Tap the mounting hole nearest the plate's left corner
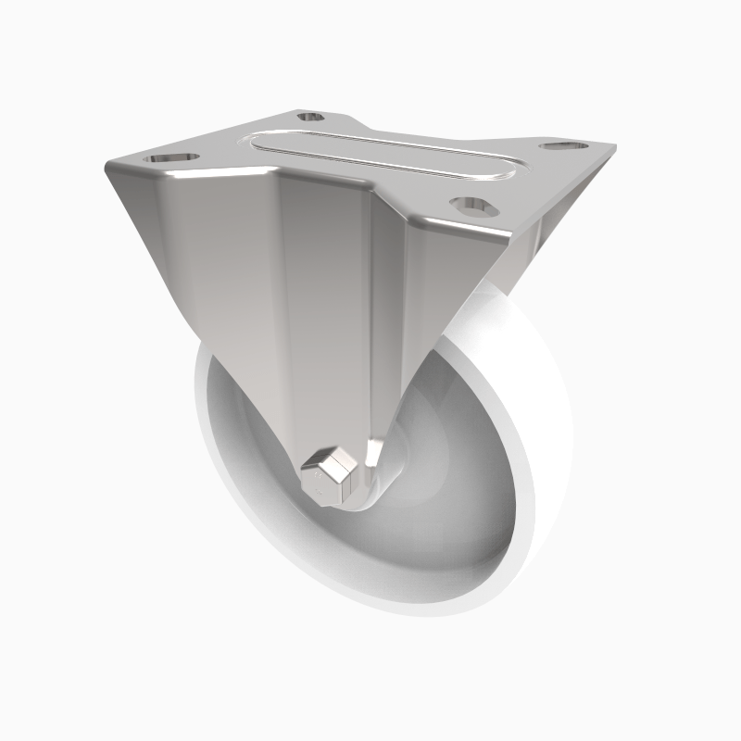[174, 158]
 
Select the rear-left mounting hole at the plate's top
[310, 117]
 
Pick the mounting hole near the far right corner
[566, 146]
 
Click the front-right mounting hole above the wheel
[470, 202]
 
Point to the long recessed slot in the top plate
[380, 157]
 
